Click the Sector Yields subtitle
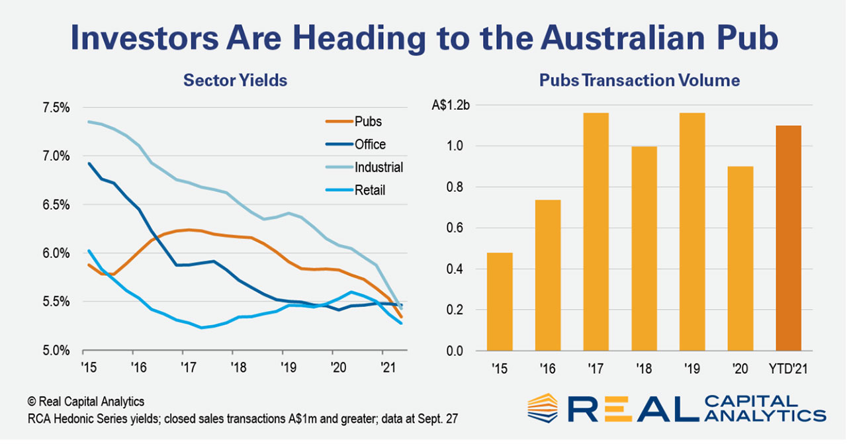point(235,81)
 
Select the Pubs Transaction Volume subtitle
point(639,81)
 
